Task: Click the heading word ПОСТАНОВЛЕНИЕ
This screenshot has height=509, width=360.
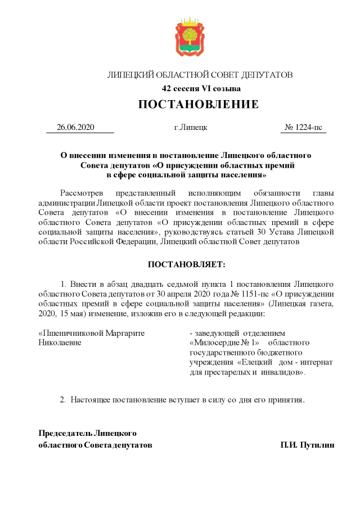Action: click(199, 105)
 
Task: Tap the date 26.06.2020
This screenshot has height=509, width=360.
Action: click(75, 127)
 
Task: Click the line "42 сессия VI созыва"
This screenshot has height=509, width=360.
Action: click(201, 89)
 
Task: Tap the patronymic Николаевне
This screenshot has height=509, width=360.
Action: click(60, 343)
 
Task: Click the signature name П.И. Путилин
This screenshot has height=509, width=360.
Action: click(308, 445)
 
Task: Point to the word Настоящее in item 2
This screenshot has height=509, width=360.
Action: click(93, 400)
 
